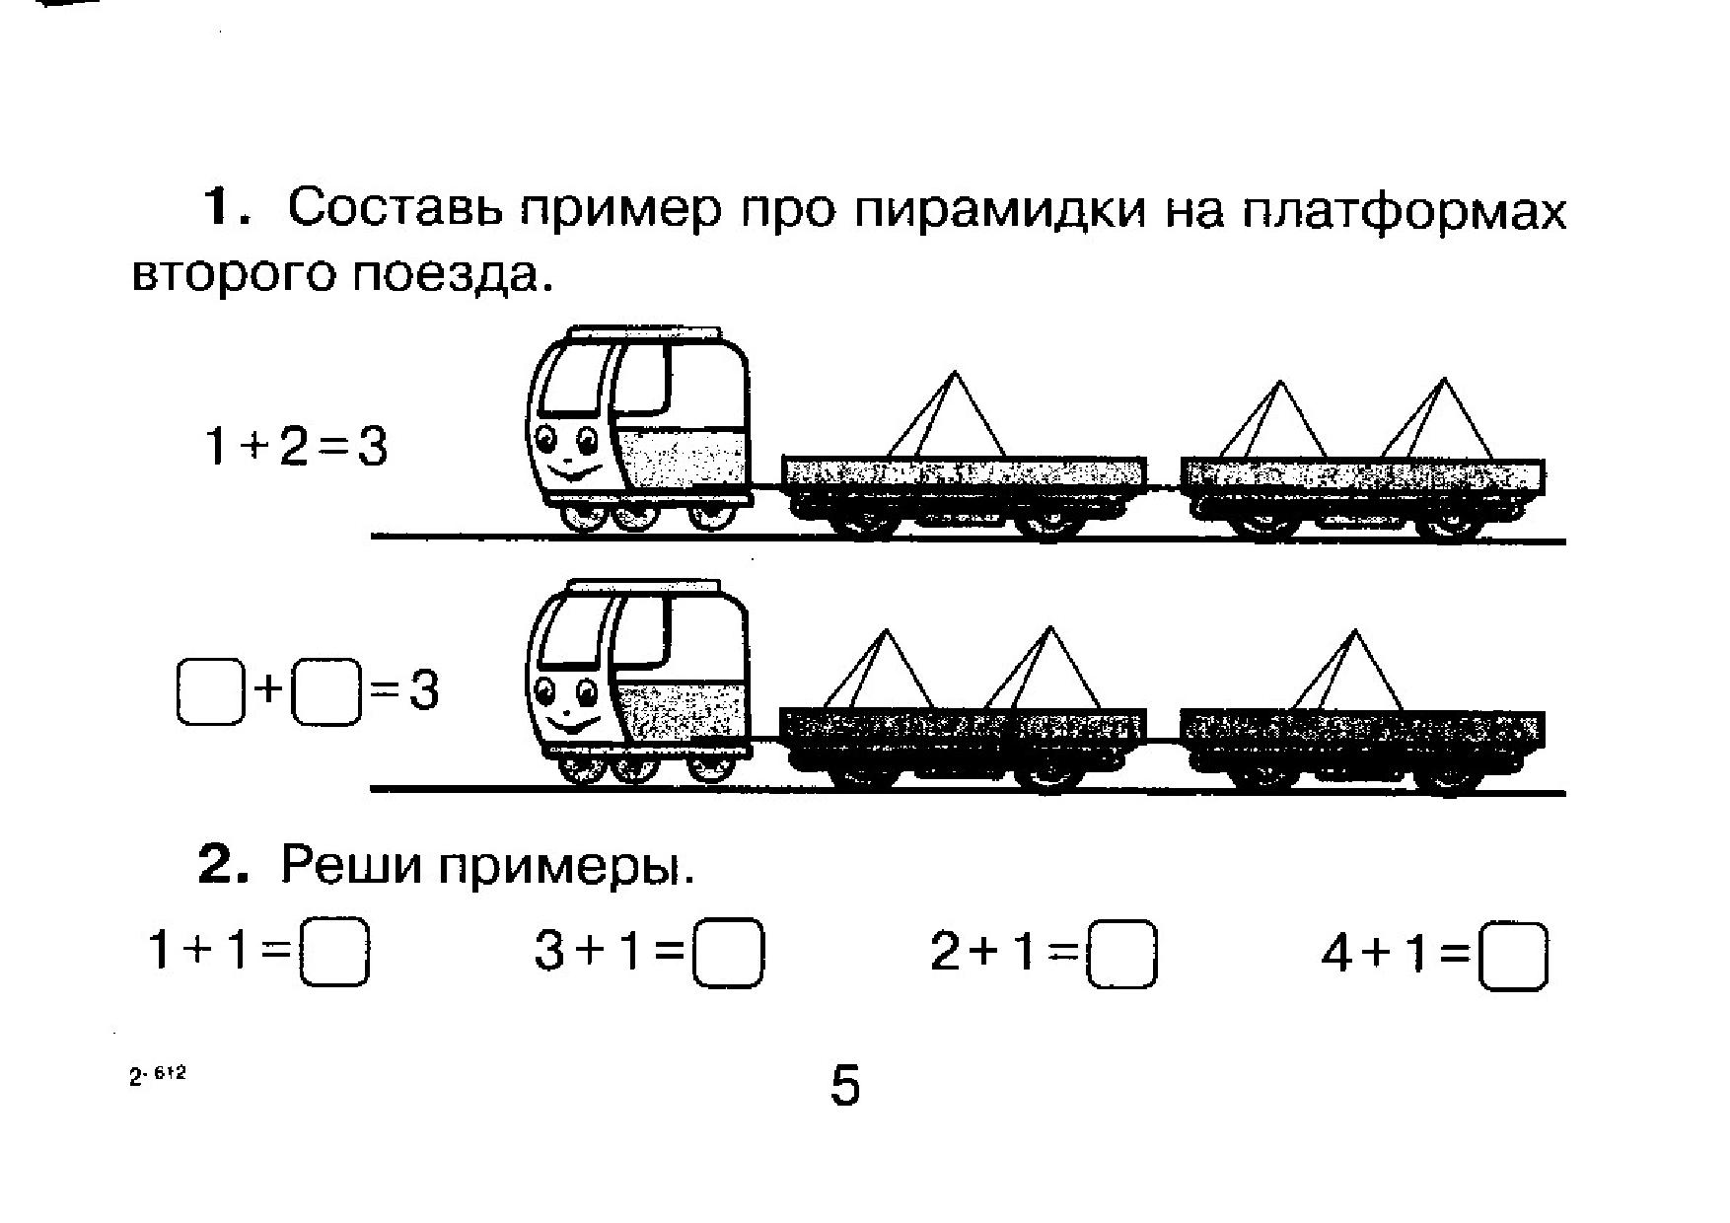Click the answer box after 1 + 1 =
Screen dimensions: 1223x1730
pos(334,953)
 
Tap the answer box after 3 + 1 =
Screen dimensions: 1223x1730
pos(728,953)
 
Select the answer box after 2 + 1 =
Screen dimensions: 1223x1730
pos(1120,954)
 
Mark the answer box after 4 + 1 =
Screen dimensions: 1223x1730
pos(1513,955)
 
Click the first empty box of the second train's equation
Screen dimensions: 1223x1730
pos(210,692)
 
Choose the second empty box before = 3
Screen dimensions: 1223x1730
pos(327,692)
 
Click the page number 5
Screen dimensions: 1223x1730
pos(845,1086)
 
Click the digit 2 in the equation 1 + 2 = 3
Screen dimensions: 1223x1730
pos(293,447)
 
